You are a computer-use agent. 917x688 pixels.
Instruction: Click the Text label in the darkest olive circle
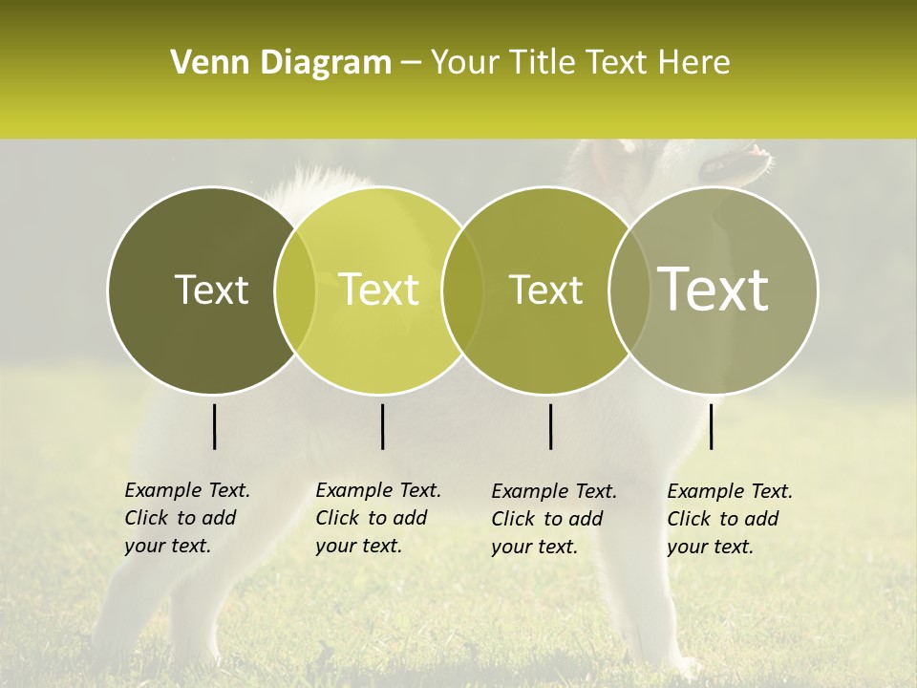(x=211, y=290)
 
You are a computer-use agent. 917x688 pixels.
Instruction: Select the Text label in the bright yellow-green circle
(x=379, y=290)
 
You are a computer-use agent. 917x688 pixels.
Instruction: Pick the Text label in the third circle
(x=546, y=290)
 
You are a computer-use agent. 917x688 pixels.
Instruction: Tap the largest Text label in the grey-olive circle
(x=714, y=290)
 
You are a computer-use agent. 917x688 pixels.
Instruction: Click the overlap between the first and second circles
(x=295, y=290)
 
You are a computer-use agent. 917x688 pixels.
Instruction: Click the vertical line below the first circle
(x=214, y=426)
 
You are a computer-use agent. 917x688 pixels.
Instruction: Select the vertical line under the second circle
(x=382, y=426)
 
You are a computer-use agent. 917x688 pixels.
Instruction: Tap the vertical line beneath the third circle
(x=550, y=426)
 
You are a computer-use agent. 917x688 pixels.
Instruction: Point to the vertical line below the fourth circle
(x=711, y=426)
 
